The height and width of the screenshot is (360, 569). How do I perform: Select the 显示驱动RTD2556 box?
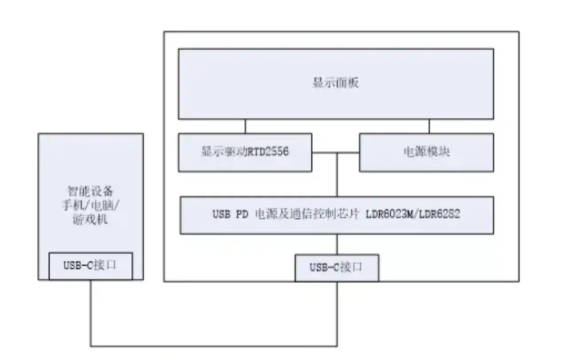click(x=245, y=153)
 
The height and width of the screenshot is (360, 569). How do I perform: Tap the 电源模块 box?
click(x=426, y=153)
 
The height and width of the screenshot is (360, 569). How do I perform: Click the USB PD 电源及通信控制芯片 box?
click(x=336, y=215)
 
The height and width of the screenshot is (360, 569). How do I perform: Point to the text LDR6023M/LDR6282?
click(x=413, y=215)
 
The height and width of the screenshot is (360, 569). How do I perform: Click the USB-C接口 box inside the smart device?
click(x=90, y=266)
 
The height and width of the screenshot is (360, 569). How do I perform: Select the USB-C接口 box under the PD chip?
click(x=337, y=268)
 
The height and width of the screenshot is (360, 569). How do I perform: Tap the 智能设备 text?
click(x=90, y=192)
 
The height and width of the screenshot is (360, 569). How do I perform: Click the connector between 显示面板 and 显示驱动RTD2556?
click(x=245, y=126)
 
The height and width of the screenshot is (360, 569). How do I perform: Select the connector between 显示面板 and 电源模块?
click(x=429, y=126)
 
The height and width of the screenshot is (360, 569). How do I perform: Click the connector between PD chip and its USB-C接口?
click(x=337, y=244)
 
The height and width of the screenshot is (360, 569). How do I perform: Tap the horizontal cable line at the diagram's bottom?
click(x=213, y=346)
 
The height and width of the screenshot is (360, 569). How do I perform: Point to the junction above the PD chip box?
click(x=337, y=153)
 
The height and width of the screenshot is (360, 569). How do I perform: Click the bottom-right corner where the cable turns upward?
click(x=337, y=346)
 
